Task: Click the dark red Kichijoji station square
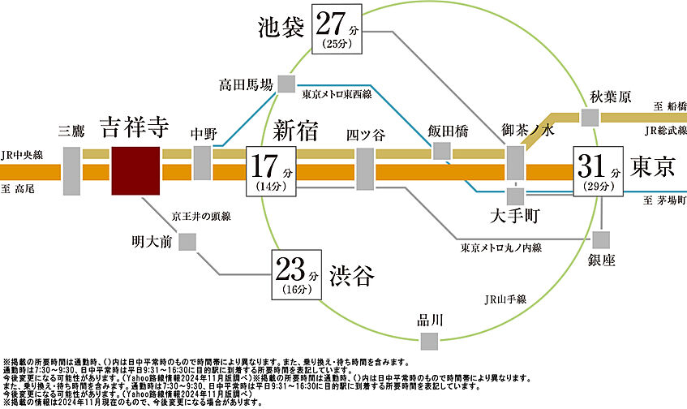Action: (136, 171)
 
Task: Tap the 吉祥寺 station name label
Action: (135, 127)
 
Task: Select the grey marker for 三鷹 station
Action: (72, 171)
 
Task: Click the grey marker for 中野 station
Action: (203, 163)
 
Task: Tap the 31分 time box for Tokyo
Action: (599, 171)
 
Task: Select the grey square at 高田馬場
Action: (286, 84)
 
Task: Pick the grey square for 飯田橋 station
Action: (441, 150)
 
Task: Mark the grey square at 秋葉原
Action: (590, 117)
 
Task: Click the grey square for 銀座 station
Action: (601, 239)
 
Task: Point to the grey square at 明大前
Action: (187, 241)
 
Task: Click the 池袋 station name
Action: (280, 27)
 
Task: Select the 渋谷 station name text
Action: (352, 277)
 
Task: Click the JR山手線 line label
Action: (503, 299)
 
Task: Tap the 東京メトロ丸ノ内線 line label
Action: (500, 248)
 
